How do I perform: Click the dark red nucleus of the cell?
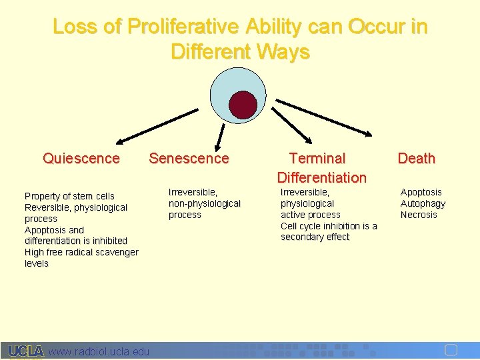pos(243,105)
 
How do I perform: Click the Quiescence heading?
pos(81,159)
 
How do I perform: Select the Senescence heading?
pos(189,159)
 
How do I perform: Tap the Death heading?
pos(416,159)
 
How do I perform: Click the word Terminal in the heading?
pos(317,159)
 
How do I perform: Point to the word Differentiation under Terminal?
pos(321,177)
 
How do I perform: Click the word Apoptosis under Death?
pos(421,192)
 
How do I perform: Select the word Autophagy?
pos(423,203)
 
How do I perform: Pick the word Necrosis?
pos(419,215)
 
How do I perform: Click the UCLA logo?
pos(25,351)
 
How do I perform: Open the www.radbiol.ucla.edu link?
pos(99,351)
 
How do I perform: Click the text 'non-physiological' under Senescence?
pos(205,203)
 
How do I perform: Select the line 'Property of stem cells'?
pos(69,196)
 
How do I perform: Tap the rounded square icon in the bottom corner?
pos(451,351)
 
